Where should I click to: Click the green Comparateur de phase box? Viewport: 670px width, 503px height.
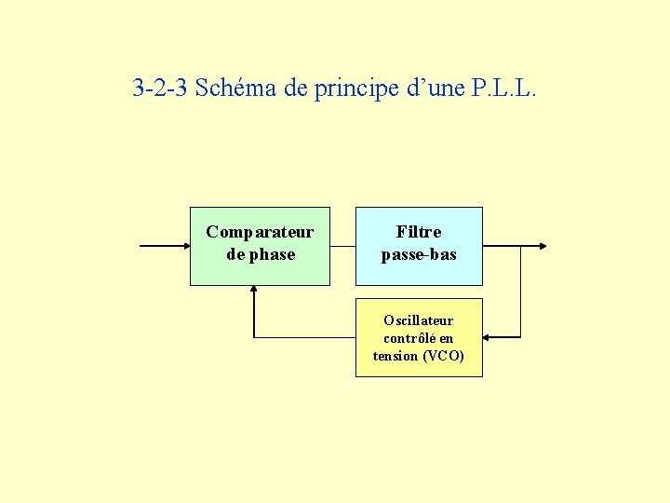(260, 270)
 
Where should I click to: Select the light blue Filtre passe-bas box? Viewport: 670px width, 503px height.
(419, 270)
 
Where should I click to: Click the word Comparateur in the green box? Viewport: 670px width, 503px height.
(260, 232)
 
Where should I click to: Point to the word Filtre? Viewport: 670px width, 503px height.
(419, 232)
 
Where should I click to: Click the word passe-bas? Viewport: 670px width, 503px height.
(419, 254)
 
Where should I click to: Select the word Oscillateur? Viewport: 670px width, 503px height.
(419, 320)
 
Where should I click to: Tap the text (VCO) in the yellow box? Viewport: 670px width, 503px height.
(443, 356)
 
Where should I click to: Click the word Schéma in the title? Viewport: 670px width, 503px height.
(236, 89)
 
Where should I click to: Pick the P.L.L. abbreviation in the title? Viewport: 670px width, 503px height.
(504, 89)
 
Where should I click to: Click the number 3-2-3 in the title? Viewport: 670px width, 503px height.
(160, 89)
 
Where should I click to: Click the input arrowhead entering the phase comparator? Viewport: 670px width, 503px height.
(183, 247)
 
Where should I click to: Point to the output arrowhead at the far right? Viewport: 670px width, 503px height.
(543, 247)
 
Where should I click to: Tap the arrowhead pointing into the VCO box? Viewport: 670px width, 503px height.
(489, 336)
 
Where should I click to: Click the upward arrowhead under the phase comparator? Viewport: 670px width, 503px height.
(254, 291)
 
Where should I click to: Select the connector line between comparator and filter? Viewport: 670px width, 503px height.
(342, 247)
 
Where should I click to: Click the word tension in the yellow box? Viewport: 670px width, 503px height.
(395, 356)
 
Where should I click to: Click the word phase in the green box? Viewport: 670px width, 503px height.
(273, 254)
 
